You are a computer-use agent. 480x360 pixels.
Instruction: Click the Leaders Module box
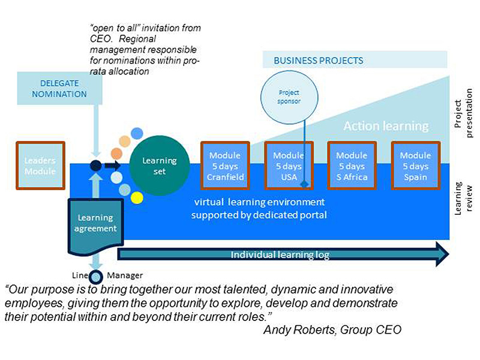coord(40,166)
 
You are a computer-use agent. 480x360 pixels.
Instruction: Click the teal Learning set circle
coord(160,166)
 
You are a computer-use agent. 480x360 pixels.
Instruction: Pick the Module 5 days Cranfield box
coord(225,166)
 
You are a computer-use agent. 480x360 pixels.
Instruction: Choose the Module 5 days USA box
coord(289,166)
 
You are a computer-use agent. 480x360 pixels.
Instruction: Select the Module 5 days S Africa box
coord(352,166)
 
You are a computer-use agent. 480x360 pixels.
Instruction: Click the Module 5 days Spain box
coord(415,166)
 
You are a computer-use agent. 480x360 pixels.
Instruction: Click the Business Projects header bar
coord(354,61)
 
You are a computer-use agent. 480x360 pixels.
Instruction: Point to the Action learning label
coord(386,127)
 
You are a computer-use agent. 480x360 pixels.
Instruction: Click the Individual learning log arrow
coord(282,254)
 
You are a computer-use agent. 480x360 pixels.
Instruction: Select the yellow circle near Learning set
coord(137,197)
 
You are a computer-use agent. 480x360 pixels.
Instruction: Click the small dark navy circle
coord(95,166)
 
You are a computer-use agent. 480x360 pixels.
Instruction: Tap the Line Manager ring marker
coord(95,277)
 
